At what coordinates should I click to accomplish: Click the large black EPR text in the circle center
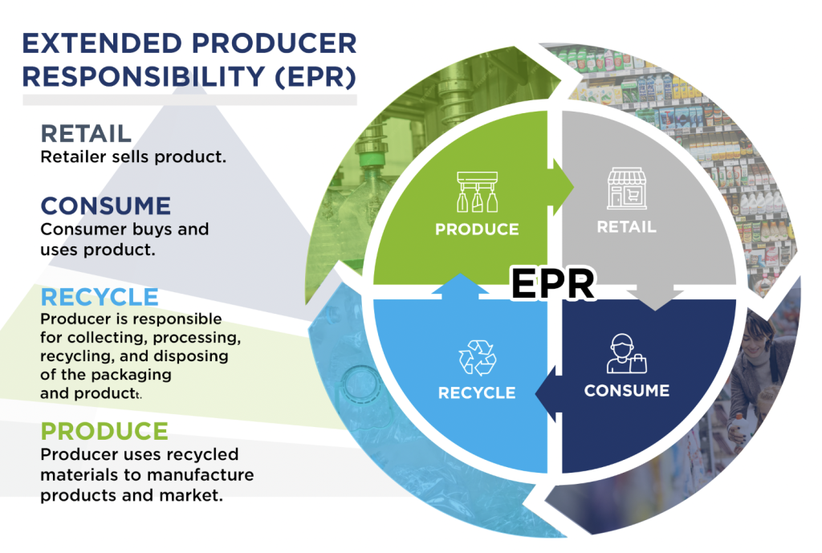[554, 283]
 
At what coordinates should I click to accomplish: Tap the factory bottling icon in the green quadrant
[477, 190]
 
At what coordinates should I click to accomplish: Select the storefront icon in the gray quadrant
[626, 189]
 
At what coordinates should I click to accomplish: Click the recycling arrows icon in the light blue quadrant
[477, 357]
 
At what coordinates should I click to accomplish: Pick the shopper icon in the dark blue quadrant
[626, 354]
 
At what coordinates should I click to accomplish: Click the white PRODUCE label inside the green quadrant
[477, 230]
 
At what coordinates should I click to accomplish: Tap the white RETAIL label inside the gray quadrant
[626, 227]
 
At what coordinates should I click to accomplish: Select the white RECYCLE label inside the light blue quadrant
[477, 393]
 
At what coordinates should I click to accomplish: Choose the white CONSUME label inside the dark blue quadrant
[626, 391]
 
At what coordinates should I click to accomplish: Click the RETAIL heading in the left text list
[86, 133]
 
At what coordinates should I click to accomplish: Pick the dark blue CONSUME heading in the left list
[106, 205]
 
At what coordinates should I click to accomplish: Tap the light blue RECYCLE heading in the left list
[100, 297]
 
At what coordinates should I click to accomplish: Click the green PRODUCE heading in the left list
[104, 430]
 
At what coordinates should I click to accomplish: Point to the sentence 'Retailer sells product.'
[133, 157]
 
